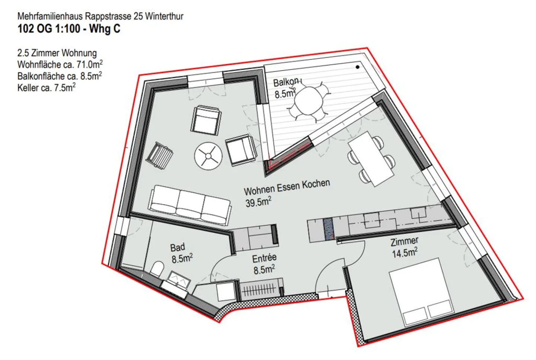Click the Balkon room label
point(286,82)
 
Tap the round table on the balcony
point(309,102)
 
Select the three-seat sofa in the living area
point(190,205)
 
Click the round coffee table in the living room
point(208,156)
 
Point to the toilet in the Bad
point(157,269)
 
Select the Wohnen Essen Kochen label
point(287,187)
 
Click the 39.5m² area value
point(258,202)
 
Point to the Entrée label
point(264,258)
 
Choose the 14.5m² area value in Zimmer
point(405,253)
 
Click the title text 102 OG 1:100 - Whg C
point(69,29)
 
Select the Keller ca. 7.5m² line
point(47,87)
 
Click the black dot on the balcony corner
point(357,67)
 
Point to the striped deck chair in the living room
point(160,156)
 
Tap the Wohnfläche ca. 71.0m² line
point(60,64)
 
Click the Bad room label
point(177,247)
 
